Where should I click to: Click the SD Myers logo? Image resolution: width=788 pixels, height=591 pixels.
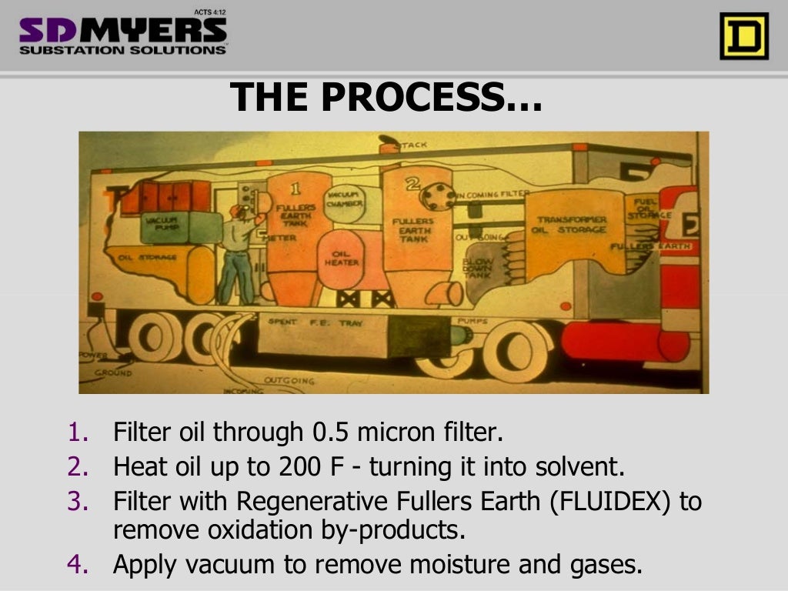123,34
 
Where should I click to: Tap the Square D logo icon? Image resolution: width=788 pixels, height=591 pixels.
743,36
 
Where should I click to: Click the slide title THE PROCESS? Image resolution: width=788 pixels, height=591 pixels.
386,98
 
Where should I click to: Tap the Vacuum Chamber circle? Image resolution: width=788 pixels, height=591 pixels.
344,200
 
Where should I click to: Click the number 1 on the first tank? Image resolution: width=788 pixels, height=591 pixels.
295,186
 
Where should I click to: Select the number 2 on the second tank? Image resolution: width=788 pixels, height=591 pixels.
411,183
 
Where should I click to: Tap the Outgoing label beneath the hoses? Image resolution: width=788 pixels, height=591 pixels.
289,380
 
